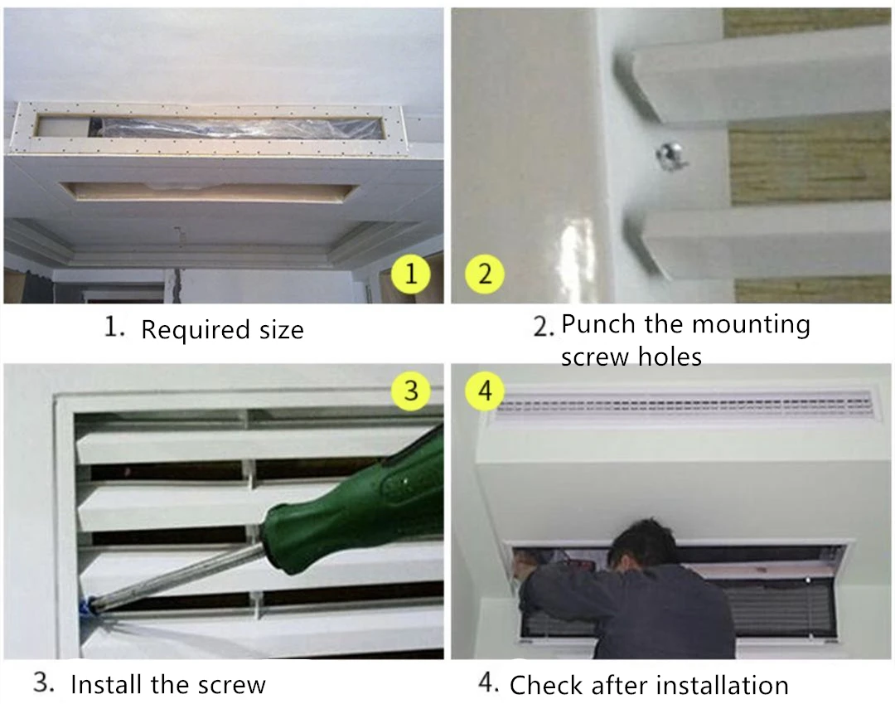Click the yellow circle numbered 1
pos(411,274)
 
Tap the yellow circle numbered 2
pos(485,274)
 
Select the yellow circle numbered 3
pos(411,391)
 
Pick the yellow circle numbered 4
pos(485,391)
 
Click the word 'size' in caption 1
pos(282,330)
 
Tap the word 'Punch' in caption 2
pos(598,323)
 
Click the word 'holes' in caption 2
pos(670,357)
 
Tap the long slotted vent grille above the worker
pos(684,405)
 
